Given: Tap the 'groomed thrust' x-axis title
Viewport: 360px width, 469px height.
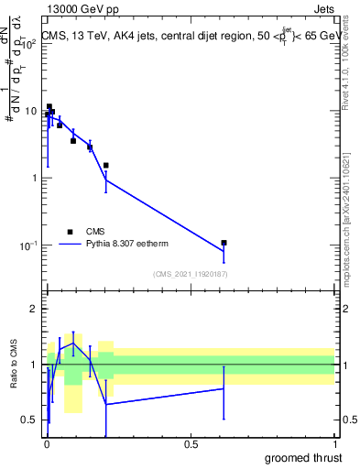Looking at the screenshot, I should [305, 457].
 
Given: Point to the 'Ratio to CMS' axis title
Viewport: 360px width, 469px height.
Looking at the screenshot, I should [14, 365].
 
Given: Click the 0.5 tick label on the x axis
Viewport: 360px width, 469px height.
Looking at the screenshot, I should [191, 443].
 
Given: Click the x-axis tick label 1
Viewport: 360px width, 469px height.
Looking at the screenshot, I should [335, 443].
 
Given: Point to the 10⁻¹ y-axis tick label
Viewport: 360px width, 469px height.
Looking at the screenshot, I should [28, 245].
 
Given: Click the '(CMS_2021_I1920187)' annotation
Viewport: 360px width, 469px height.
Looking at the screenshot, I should [190, 274].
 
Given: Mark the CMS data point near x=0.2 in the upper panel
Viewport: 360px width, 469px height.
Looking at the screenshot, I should [106, 166].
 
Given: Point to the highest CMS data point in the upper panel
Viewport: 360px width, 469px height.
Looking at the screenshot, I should [49, 106].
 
